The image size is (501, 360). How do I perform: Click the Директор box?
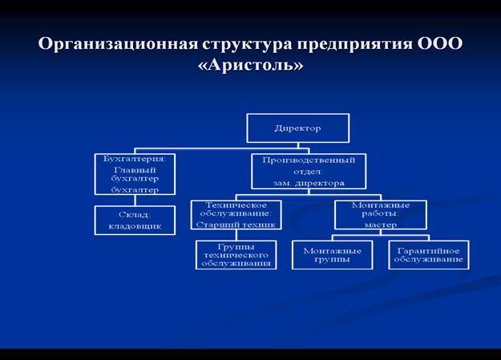(x=297, y=127)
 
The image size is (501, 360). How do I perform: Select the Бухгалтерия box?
(x=135, y=174)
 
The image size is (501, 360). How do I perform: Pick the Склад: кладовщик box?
(x=135, y=220)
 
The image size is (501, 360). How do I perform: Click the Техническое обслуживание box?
(x=235, y=214)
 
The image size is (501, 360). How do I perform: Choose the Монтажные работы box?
(x=379, y=214)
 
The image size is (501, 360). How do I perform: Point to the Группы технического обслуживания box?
(x=236, y=255)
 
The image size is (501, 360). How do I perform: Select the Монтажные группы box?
(x=331, y=255)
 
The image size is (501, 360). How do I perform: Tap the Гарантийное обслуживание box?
(x=428, y=255)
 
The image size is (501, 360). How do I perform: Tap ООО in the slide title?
(x=439, y=43)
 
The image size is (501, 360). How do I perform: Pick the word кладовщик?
(x=135, y=227)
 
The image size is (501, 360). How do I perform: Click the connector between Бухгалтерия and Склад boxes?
(x=135, y=200)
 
